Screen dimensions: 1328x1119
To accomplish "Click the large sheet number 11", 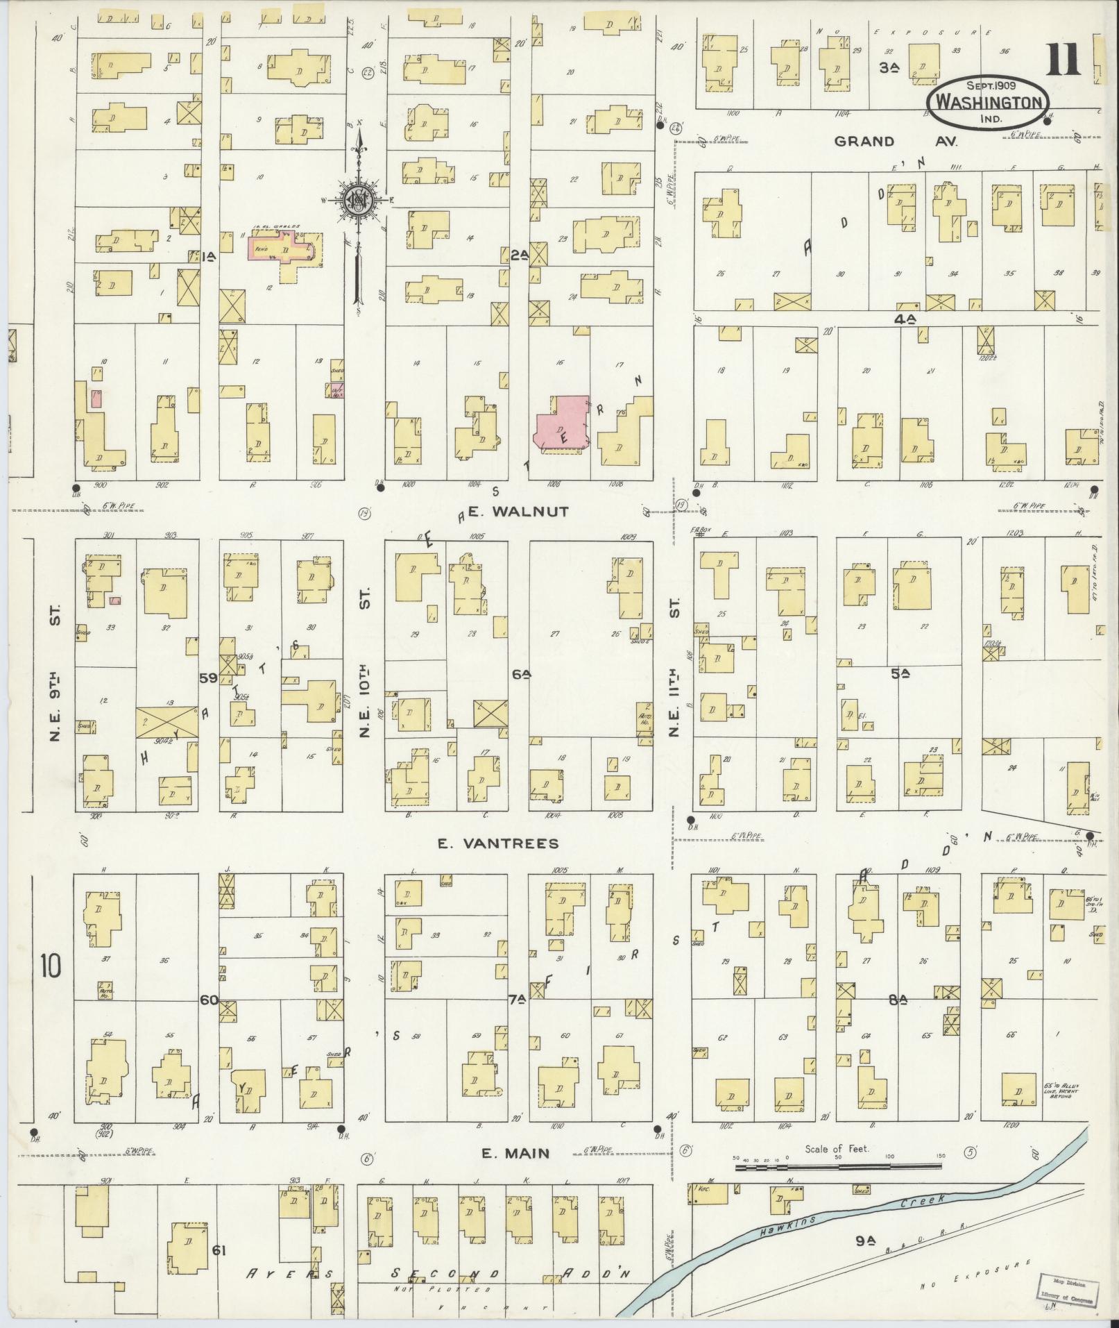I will point(1063,59).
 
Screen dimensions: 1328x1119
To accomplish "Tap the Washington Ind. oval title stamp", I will point(988,101).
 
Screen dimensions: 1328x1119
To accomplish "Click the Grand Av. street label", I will point(895,142).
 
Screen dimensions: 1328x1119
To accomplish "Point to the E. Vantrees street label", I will point(498,843).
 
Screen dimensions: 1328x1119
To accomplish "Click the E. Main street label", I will point(515,1153).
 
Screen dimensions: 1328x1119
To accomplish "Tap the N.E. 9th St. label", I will point(56,673).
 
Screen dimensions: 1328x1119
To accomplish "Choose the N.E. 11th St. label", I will point(675,665).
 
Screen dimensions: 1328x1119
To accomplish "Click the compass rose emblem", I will point(359,201).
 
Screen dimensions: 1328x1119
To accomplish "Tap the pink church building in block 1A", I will point(284,248).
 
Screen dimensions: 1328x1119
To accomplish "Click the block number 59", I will point(208,678).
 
